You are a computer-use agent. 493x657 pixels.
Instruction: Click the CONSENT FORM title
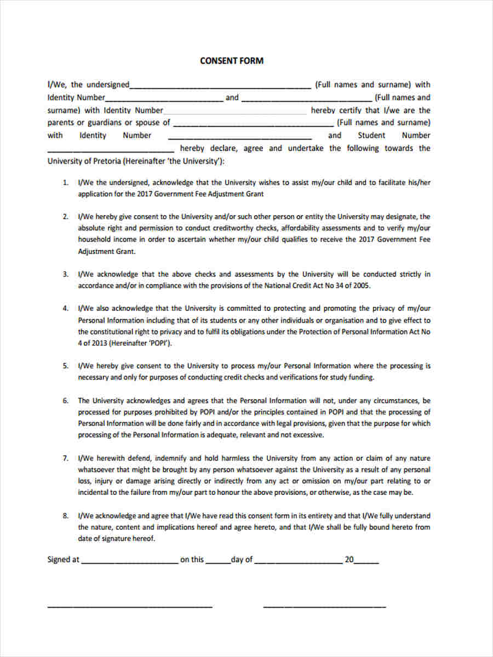pyautogui.click(x=232, y=61)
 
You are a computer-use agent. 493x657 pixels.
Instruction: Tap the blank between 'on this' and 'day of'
pyautogui.click(x=218, y=561)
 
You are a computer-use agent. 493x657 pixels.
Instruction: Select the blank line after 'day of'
pyautogui.click(x=299, y=561)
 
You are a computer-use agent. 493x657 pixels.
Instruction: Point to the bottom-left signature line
pyautogui.click(x=130, y=607)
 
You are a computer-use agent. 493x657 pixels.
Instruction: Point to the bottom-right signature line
pyautogui.click(x=324, y=607)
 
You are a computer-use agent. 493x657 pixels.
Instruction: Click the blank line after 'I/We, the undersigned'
pyautogui.click(x=220, y=86)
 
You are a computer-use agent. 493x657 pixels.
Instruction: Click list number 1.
pyautogui.click(x=65, y=183)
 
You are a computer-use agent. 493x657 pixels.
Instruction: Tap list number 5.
pyautogui.click(x=65, y=366)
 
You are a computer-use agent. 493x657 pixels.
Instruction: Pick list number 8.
pyautogui.click(x=65, y=516)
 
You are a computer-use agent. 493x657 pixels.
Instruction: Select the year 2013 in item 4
pyautogui.click(x=99, y=343)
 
